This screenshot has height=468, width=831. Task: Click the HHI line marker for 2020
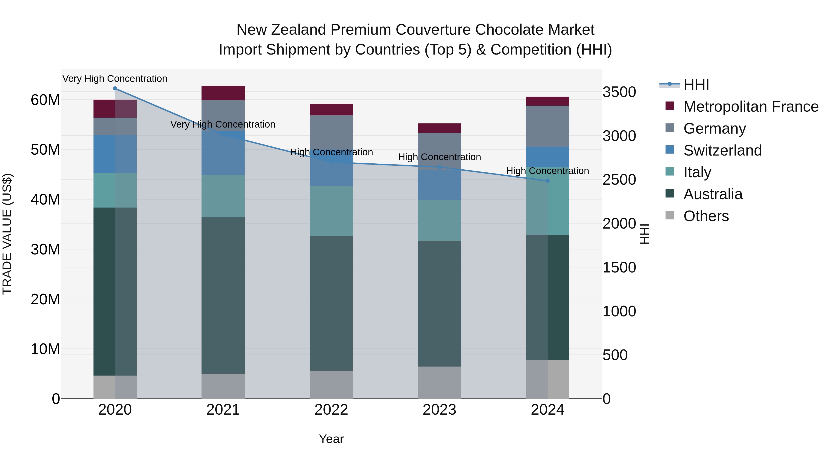[115, 89]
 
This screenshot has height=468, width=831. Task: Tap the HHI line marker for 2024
[548, 181]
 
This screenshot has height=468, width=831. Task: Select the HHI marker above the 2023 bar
[439, 167]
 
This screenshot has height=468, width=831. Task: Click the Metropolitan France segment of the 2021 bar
[223, 93]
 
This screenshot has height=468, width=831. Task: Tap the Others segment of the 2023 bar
[439, 382]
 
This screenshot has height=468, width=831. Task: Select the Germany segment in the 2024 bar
[548, 126]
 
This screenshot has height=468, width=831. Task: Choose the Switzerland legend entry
[722, 150]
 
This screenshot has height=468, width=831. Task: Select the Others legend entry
[706, 216]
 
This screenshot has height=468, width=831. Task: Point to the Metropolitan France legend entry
[750, 107]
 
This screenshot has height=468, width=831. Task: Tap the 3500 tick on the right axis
[619, 92]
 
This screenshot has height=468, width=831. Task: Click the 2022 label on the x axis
[331, 410]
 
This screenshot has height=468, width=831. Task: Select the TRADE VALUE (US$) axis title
[7, 234]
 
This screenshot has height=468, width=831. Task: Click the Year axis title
[331, 439]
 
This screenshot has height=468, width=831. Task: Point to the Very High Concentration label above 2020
[115, 79]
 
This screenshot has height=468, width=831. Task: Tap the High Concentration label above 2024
[548, 171]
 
